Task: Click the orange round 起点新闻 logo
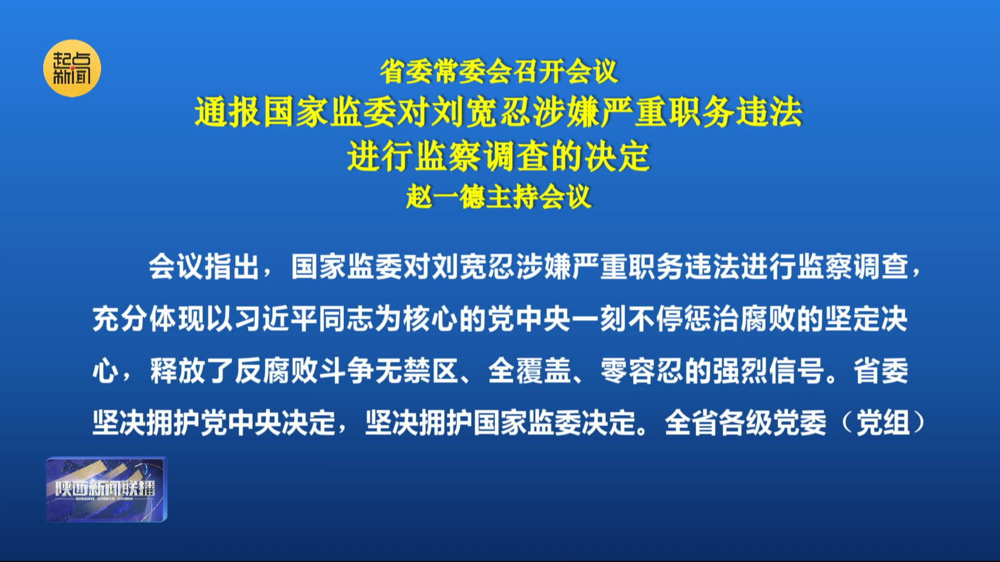tap(72, 68)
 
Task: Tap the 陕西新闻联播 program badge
tap(107, 489)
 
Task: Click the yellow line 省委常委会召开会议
tap(499, 72)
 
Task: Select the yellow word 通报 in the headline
tap(227, 112)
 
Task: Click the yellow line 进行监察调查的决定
tap(499, 156)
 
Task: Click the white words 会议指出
tap(205, 267)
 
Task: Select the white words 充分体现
tap(149, 319)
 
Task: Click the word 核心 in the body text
tap(431, 319)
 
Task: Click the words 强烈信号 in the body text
tap(768, 371)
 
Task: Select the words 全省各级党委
tap(745, 423)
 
